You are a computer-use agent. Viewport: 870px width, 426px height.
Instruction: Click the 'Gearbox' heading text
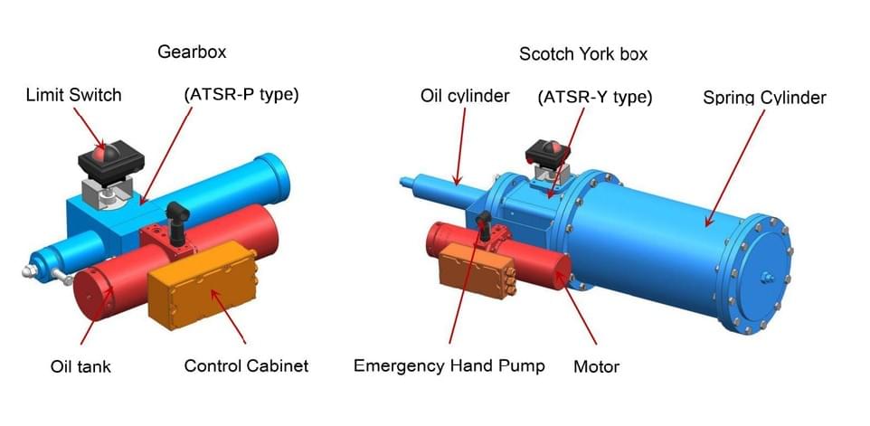(x=192, y=52)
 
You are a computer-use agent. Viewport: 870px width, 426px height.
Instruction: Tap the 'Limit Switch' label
(x=74, y=95)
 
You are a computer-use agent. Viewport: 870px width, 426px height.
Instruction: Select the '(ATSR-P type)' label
(x=241, y=95)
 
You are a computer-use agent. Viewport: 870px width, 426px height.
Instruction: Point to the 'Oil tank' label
(x=80, y=366)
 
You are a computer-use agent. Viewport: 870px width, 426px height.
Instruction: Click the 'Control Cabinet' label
(x=246, y=366)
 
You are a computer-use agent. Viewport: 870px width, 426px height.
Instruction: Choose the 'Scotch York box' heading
(x=583, y=53)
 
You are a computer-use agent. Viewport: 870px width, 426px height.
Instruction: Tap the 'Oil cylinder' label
(x=465, y=95)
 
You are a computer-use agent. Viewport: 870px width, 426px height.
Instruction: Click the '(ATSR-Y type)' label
(x=595, y=98)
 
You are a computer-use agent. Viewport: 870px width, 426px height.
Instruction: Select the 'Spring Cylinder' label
(x=764, y=99)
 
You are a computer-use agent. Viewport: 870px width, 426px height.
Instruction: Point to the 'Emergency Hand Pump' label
(x=449, y=366)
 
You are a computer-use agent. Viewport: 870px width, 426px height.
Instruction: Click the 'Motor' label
(x=597, y=366)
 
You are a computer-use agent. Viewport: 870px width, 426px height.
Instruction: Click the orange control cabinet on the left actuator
(x=203, y=285)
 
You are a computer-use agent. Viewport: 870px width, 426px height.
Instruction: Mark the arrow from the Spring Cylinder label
(x=734, y=168)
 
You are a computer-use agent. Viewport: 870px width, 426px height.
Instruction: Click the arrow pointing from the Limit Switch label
(x=89, y=127)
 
